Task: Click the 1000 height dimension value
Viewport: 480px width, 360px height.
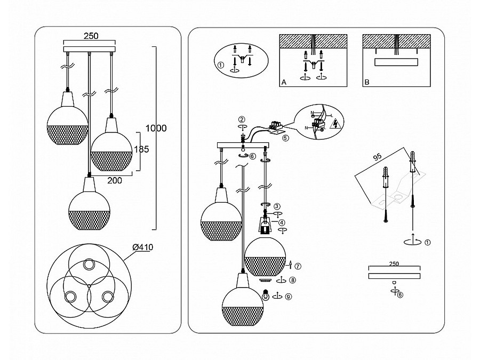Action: pos(156,128)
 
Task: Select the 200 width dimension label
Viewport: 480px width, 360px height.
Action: pos(115,180)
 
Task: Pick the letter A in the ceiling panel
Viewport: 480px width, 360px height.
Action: pos(284,83)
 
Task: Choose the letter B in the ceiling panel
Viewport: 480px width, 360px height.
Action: pos(366,83)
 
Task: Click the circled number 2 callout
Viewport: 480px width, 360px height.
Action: pos(242,119)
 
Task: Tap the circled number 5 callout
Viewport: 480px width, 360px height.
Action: pos(285,137)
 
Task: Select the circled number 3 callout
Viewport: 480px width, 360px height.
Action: pos(277,206)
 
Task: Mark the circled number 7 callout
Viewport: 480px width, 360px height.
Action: pos(298,266)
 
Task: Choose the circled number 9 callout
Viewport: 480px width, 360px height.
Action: pos(289,297)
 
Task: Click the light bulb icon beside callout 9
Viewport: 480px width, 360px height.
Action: pos(265,293)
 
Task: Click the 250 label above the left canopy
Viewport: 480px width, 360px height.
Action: pos(90,36)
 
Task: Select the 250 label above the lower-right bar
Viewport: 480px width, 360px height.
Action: pos(394,264)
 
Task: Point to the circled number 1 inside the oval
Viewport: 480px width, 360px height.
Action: pos(220,66)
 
